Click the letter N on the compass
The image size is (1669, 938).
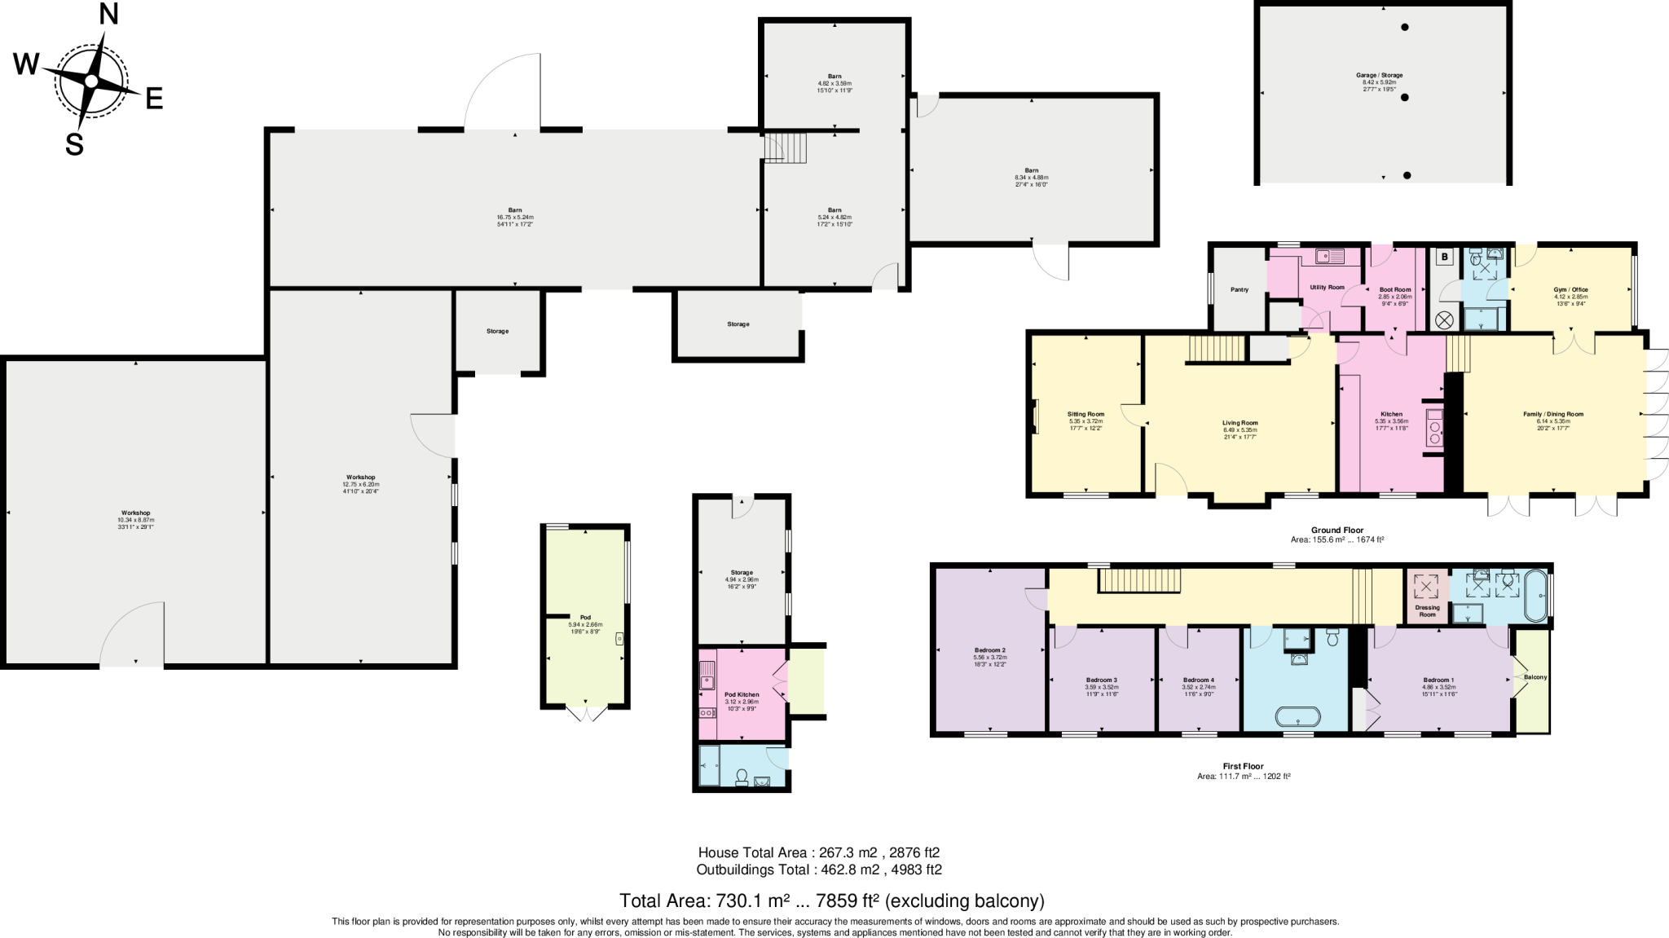point(108,14)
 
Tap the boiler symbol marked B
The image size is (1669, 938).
point(1445,258)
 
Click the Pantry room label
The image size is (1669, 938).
point(1239,289)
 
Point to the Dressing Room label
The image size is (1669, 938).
point(1427,610)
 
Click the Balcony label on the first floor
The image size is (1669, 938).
point(1535,677)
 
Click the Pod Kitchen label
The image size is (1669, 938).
point(741,694)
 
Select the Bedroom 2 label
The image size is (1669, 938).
point(989,650)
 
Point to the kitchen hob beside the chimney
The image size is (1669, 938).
point(1434,428)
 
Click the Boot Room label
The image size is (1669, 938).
point(1394,289)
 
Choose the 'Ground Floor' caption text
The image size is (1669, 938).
point(1337,530)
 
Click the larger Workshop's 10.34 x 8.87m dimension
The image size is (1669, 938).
point(135,520)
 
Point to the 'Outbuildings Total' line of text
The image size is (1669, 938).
point(818,870)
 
